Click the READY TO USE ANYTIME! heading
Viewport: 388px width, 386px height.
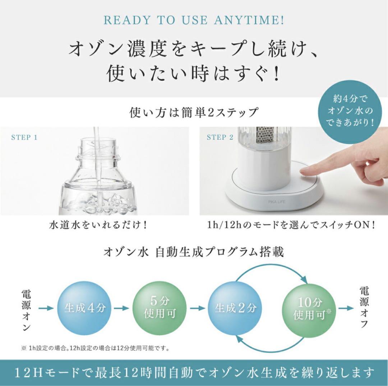[194, 20]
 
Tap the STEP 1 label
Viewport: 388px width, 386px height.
[24, 137]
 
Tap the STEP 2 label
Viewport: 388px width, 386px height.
[220, 137]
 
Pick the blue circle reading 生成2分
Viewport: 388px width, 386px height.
[236, 308]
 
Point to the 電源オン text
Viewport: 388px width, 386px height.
[26, 308]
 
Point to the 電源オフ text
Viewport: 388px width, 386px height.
[364, 308]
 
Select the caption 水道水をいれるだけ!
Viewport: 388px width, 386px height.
[98, 225]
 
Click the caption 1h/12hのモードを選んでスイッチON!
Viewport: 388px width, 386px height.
[291, 225]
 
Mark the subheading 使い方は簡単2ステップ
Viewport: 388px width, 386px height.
[194, 112]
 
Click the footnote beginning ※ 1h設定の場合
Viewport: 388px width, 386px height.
[95, 348]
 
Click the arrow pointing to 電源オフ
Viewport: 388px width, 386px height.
[346, 308]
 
